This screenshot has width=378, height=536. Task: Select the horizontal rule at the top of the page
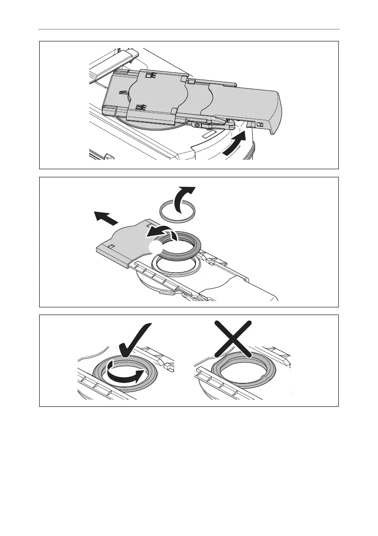[x=189, y=30]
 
